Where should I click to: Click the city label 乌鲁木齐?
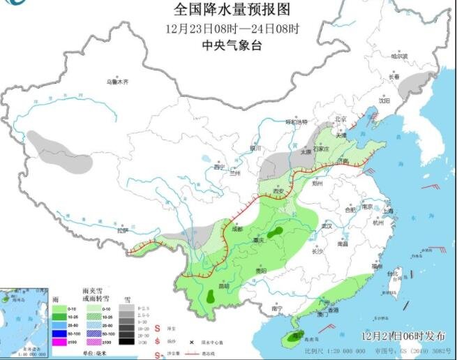click(117, 82)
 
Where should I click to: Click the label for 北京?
click(340, 119)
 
